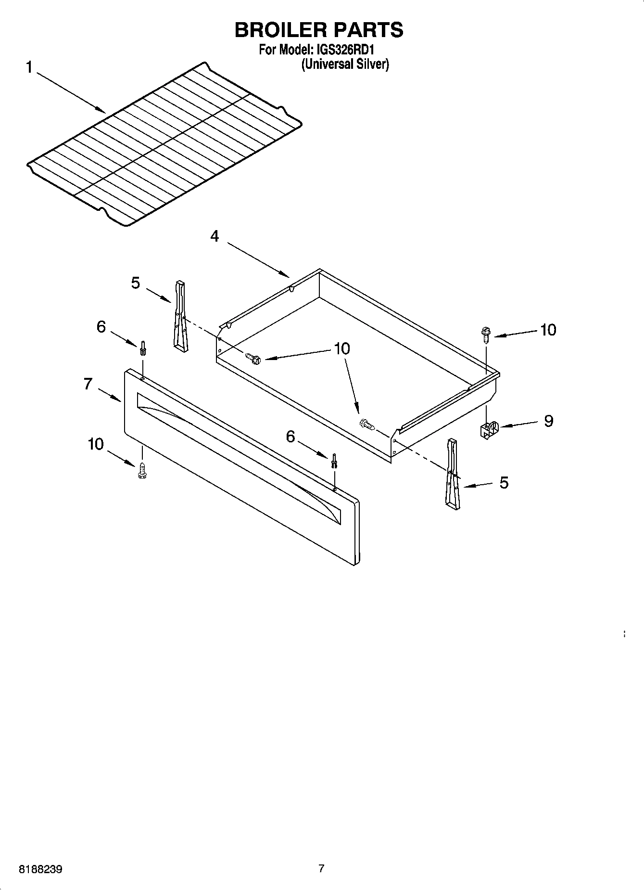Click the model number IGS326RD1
pyautogui.click(x=345, y=50)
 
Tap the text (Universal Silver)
pyautogui.click(x=345, y=64)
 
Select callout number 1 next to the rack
pyautogui.click(x=29, y=67)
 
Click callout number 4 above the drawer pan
pyautogui.click(x=215, y=236)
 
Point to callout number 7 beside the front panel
pyautogui.click(x=88, y=384)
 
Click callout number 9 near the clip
pyautogui.click(x=548, y=421)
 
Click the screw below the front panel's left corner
pyautogui.click(x=142, y=470)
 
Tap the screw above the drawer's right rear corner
pyautogui.click(x=485, y=333)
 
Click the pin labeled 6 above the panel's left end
pyautogui.click(x=143, y=348)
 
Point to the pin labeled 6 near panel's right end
pyautogui.click(x=333, y=461)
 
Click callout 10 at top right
pyautogui.click(x=548, y=330)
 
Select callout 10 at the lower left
pyautogui.click(x=96, y=444)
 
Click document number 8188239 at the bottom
pyautogui.click(x=40, y=869)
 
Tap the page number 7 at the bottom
pyautogui.click(x=321, y=868)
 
